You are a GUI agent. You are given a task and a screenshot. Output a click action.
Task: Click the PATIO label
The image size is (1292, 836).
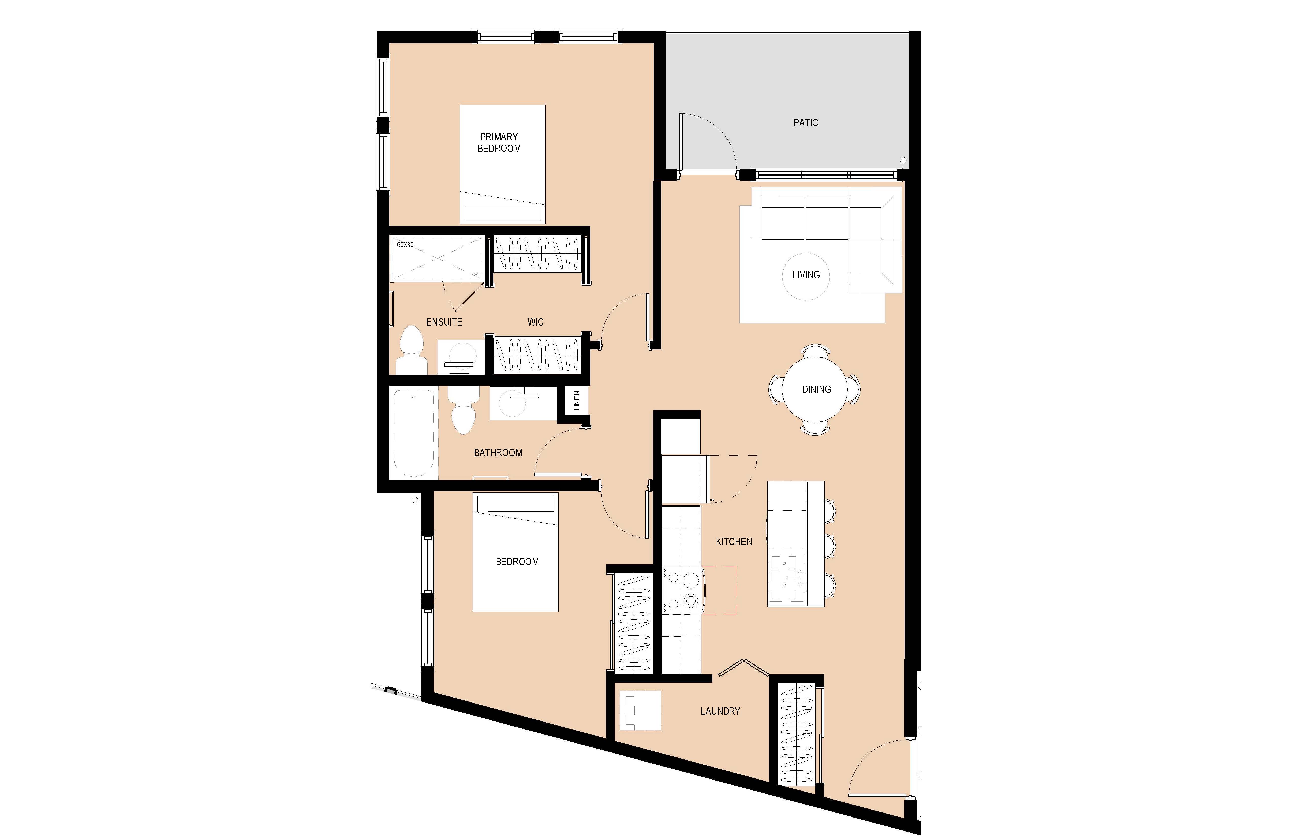pos(806,123)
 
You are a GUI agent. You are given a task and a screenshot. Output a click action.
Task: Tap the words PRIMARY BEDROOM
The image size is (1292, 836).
pos(499,142)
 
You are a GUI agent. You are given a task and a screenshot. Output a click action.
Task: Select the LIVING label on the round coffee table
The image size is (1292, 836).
pos(806,275)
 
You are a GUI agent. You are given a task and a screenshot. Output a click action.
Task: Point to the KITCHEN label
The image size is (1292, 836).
pos(734,542)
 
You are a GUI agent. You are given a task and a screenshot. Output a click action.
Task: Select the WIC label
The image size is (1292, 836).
pos(535,322)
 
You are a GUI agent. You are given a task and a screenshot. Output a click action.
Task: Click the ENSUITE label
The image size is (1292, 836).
pos(444,322)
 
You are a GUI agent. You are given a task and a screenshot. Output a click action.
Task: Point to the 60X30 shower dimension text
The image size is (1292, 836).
pos(405,245)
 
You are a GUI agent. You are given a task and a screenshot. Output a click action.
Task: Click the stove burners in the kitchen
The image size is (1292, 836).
pos(682,590)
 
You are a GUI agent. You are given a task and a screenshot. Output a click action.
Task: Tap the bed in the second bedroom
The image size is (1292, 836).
pos(515,552)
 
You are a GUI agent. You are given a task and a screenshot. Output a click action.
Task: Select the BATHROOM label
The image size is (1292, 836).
pos(498,453)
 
